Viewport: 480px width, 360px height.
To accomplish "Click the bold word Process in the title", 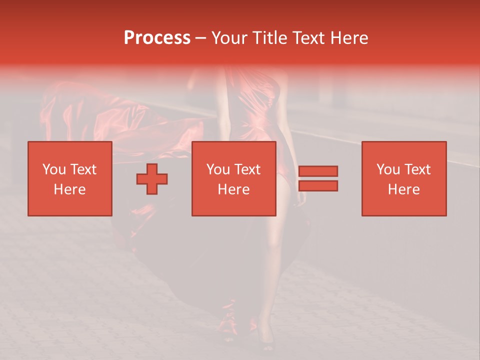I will click(x=157, y=38).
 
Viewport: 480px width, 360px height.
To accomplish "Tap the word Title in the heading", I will click(x=270, y=38).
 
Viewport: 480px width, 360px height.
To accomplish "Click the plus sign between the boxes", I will click(x=152, y=179).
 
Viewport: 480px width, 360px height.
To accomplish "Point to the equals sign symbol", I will click(x=318, y=178).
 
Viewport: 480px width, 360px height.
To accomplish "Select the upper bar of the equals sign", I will click(x=318, y=171).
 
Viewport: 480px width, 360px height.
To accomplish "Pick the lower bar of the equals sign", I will click(x=318, y=185).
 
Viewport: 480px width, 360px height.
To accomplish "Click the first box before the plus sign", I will click(x=69, y=178).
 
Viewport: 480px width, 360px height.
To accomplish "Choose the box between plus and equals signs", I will click(x=233, y=178).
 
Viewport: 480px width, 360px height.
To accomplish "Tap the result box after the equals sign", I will click(x=403, y=178).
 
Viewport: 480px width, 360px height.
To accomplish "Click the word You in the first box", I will click(x=54, y=169).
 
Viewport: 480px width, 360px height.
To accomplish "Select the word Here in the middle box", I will click(x=233, y=189).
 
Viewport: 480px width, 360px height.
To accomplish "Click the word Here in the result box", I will click(x=403, y=189).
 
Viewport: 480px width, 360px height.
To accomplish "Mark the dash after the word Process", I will click(x=200, y=38).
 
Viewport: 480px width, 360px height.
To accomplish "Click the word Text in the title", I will click(x=307, y=38).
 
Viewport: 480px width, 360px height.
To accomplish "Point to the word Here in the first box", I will click(x=69, y=189).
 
